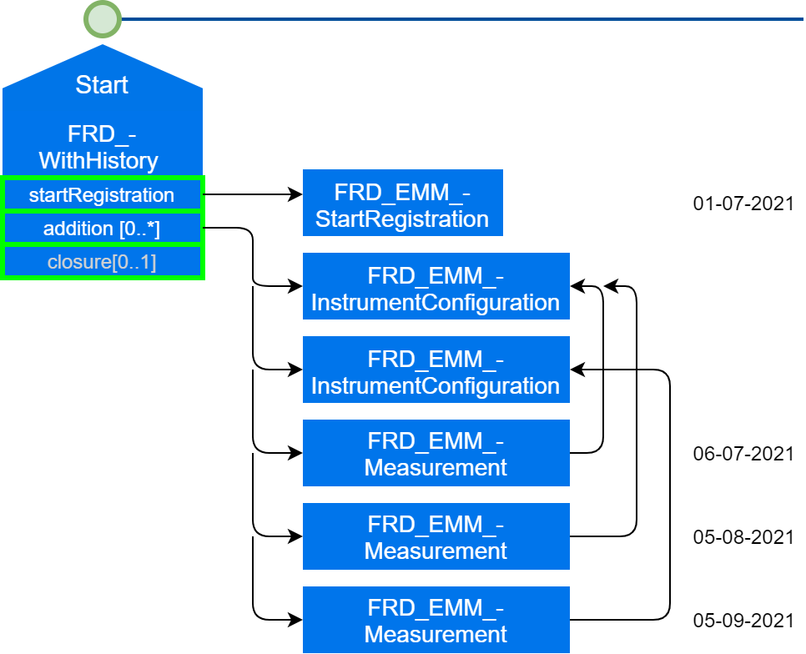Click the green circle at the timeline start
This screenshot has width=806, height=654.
pos(103,19)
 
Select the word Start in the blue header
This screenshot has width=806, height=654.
pos(102,85)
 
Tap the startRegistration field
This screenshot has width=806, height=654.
pos(102,195)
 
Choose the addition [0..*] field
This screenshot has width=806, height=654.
pos(102,229)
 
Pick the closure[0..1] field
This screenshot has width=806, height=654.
pos(102,262)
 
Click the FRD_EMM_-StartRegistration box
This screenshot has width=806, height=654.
pos(402,204)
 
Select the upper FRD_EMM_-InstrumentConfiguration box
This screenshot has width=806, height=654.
pos(436,286)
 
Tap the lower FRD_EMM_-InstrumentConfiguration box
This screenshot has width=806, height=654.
pos(436,370)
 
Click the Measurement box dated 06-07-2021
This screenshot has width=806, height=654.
pos(436,453)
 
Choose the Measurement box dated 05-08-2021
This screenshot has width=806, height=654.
pos(436,536)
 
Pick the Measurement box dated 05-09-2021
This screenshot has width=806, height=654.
pos(436,620)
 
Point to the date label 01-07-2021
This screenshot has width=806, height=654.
pos(743,204)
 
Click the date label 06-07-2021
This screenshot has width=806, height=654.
pos(743,454)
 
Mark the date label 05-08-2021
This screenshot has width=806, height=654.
pos(743,537)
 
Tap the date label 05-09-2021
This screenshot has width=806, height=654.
pos(743,621)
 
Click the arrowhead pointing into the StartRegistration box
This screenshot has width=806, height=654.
pos(296,194)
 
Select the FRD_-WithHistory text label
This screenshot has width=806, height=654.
pos(98,147)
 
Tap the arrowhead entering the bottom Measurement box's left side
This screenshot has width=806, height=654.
pos(296,620)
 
